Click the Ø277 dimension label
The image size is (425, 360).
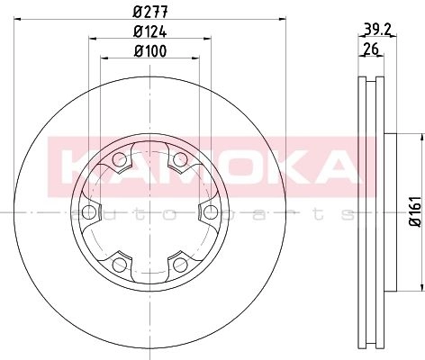pyautogui.click(x=150, y=12)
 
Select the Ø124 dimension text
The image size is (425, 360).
pyautogui.click(x=150, y=31)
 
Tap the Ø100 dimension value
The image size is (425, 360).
pyautogui.click(x=150, y=51)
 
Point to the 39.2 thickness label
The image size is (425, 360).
pyautogui.click(x=376, y=29)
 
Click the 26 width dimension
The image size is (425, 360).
pyautogui.click(x=371, y=49)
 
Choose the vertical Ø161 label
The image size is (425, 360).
pyautogui.click(x=416, y=211)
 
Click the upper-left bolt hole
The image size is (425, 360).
pyautogui.click(x=120, y=159)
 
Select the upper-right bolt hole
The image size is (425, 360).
pyautogui.click(x=180, y=159)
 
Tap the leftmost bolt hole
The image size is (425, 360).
pyautogui.click(x=89, y=212)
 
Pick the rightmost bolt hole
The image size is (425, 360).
pyautogui.click(x=211, y=212)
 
